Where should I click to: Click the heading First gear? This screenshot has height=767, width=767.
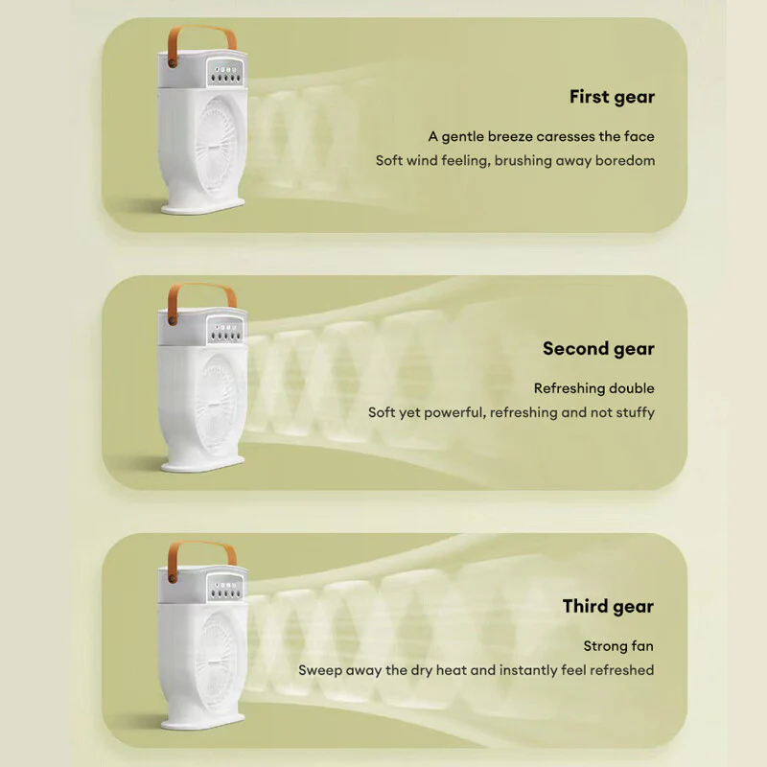point(612,98)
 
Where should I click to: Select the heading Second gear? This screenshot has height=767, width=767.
point(598,349)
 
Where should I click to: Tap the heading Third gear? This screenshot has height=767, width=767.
point(608,607)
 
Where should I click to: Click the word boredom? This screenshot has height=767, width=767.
point(625,160)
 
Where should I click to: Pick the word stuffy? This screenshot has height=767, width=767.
point(635,412)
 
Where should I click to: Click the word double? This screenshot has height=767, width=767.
point(632,388)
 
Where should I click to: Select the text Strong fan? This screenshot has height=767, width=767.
point(618,645)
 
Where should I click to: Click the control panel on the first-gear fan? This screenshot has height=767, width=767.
point(225,73)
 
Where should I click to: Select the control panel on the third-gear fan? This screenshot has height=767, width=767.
point(225,588)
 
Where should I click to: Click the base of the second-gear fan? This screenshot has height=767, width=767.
point(202,463)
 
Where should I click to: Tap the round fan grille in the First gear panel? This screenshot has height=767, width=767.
point(217,147)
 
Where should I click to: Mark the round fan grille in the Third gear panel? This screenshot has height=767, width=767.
point(217,662)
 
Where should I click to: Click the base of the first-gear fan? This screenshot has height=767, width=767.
point(202,205)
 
